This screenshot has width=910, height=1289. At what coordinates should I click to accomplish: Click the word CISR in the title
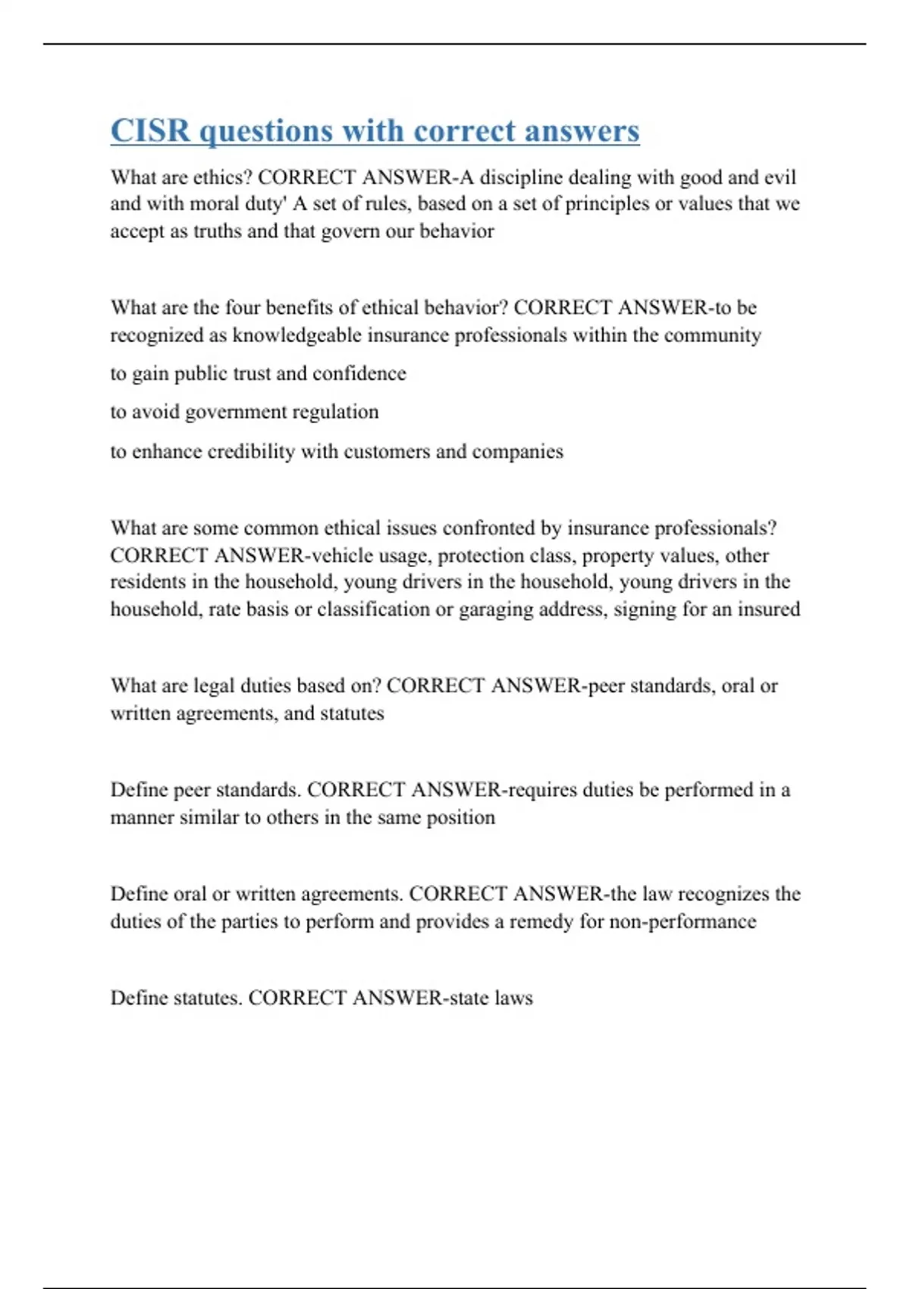[x=150, y=130]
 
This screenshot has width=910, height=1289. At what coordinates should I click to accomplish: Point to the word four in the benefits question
[x=242, y=308]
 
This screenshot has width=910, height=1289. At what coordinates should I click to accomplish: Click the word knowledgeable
[x=297, y=335]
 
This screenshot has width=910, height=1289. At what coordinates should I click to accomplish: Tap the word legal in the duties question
[x=214, y=686]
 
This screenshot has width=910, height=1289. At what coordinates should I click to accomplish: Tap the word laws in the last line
[x=513, y=998]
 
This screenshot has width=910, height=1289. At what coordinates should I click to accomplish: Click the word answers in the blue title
[x=582, y=130]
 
